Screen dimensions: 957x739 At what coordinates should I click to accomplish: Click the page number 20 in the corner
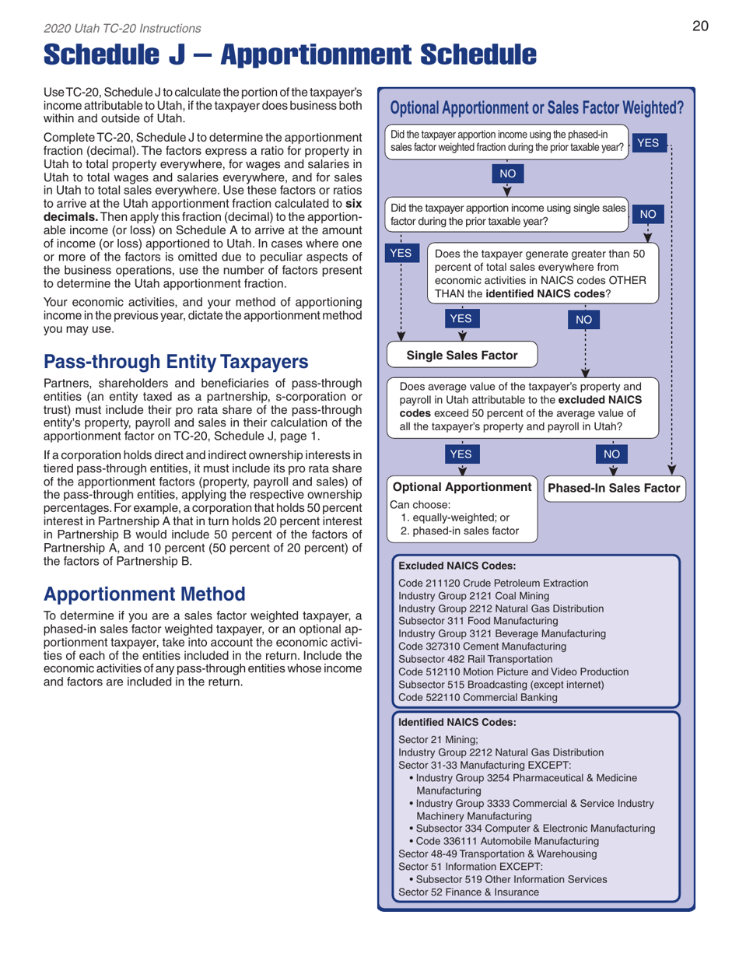700,27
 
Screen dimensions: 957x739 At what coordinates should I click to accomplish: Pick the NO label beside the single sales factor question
653,212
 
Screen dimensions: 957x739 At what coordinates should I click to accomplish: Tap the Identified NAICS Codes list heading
457,721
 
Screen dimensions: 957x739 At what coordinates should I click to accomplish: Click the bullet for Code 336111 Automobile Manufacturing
411,841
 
